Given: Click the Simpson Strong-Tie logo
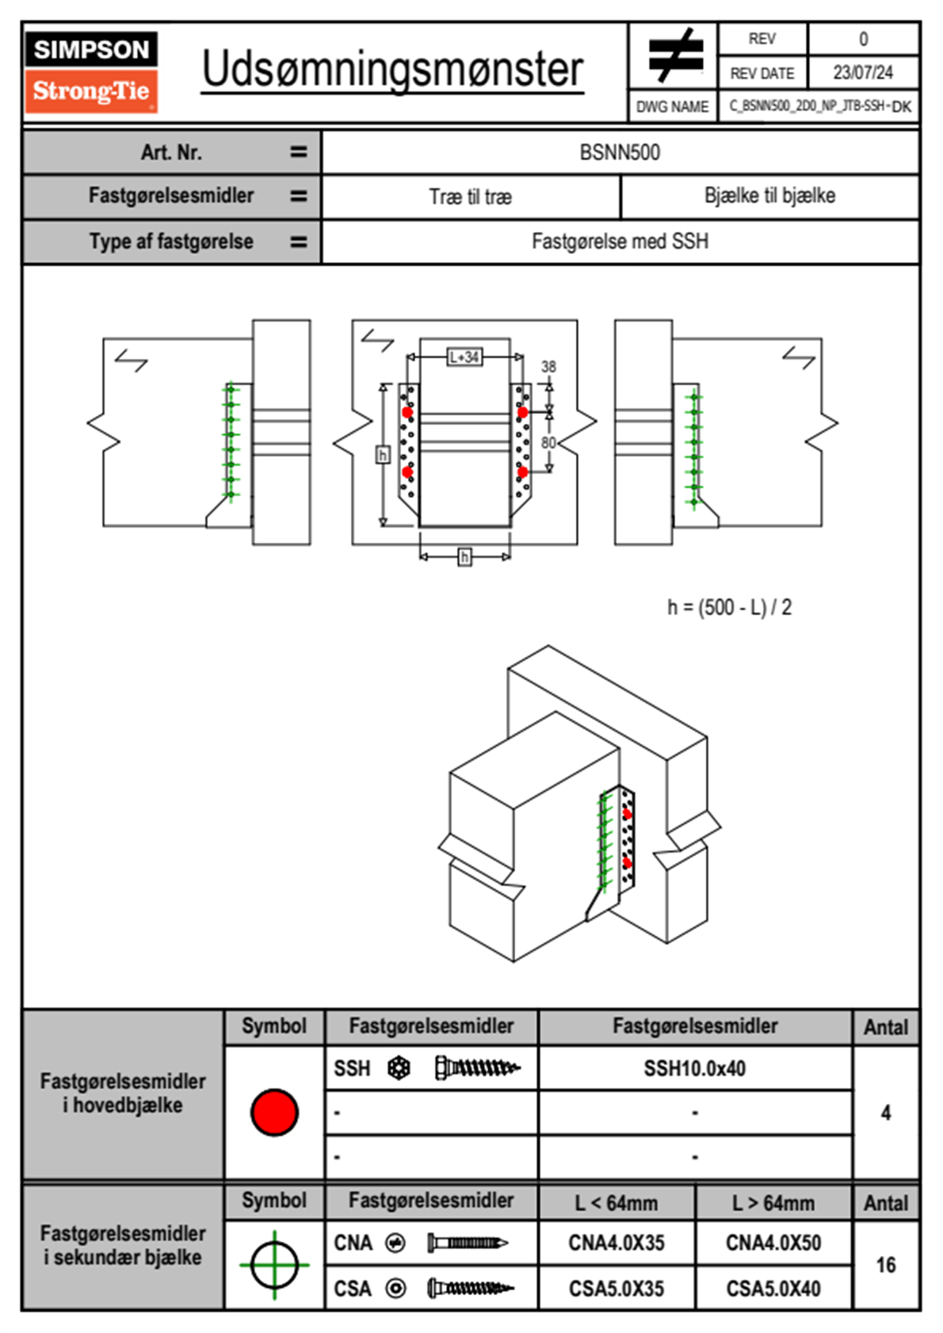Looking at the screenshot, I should (91, 71).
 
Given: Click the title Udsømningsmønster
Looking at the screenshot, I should (392, 70).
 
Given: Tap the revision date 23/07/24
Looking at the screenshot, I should (862, 73).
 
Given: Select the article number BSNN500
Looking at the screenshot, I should (620, 152).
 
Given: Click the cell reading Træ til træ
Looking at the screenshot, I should (471, 197).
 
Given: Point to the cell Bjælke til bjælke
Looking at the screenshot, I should (769, 196).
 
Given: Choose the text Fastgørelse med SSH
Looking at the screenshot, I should (620, 241).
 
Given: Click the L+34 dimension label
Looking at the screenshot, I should (464, 357).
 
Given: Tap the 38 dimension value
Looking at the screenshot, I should (548, 367).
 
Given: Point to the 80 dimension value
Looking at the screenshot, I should (548, 442).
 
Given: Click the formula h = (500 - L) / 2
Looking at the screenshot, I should (729, 608).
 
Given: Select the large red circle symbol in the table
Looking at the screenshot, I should (274, 1112).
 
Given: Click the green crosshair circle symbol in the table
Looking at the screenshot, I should (274, 1265).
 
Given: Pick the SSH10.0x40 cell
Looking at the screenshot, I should (695, 1068).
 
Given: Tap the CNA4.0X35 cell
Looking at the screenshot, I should (617, 1243).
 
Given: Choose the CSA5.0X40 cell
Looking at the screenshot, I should (773, 1289).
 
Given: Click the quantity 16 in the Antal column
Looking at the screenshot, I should (886, 1265).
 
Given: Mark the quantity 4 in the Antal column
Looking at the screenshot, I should (886, 1113).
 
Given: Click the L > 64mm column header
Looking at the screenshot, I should (773, 1203).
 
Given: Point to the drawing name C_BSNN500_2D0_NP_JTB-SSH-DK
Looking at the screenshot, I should (819, 106).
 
